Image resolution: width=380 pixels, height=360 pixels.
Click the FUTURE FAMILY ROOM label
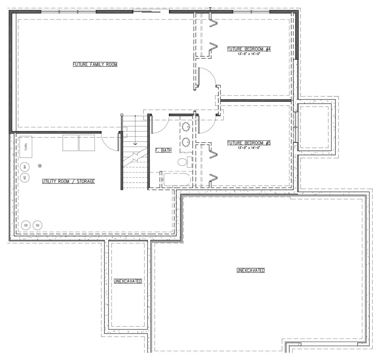click(x=95, y=64)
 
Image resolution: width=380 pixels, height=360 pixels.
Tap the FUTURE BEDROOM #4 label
click(x=249, y=49)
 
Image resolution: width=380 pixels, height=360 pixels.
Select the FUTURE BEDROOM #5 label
click(x=249, y=143)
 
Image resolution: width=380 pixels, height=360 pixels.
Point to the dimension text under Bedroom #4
click(x=249, y=54)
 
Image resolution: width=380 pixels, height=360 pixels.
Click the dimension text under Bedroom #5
click(x=249, y=147)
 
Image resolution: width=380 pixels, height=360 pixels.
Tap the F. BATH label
click(x=164, y=150)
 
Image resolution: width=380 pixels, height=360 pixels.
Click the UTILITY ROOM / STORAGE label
click(x=68, y=182)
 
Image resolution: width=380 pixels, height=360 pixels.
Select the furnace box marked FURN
click(x=26, y=147)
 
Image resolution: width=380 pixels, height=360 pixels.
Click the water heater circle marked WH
click(x=25, y=167)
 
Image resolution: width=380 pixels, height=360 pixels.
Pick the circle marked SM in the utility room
click(x=25, y=178)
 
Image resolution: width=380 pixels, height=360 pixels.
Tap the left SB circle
click(x=26, y=225)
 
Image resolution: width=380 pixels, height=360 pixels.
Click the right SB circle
click(x=37, y=225)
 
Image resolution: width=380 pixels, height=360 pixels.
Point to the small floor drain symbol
click(x=40, y=166)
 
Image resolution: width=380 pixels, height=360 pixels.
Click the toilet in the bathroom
click(x=185, y=162)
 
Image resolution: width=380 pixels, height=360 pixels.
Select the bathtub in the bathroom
click(x=177, y=180)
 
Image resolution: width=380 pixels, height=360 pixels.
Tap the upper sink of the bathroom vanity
click(x=186, y=127)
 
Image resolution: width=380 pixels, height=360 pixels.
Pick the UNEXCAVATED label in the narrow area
click(x=128, y=281)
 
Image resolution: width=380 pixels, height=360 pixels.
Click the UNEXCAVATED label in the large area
click(x=251, y=270)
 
